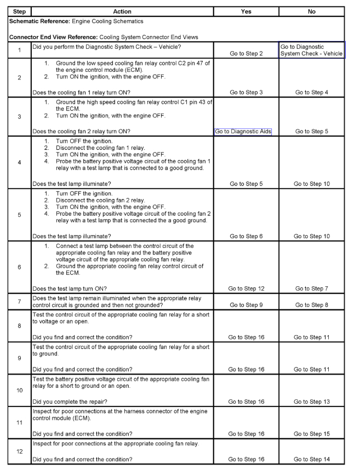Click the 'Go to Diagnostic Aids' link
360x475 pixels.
243,132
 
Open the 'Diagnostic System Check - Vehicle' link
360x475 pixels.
311,50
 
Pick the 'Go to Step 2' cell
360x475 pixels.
246,53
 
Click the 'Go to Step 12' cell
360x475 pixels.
246,289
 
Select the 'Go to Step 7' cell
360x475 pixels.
312,289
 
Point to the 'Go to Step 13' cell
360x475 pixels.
312,402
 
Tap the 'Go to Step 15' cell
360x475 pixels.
312,434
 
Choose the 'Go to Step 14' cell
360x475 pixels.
312,459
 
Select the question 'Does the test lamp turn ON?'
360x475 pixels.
70,289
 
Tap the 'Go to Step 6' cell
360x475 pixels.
246,236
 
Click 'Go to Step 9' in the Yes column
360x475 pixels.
246,305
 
